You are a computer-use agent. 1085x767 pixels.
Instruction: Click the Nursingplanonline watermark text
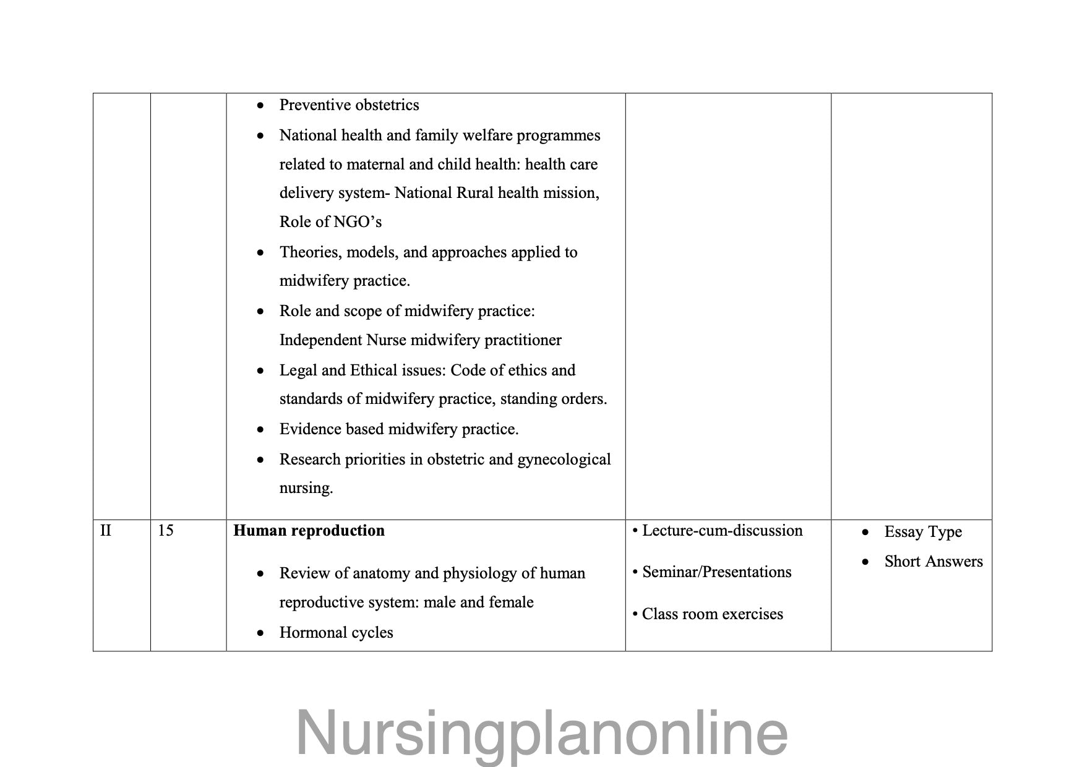tap(542, 734)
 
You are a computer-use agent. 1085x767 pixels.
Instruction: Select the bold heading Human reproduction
tap(309, 531)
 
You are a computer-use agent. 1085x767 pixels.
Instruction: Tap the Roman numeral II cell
tap(106, 531)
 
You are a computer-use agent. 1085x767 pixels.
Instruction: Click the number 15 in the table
tap(165, 531)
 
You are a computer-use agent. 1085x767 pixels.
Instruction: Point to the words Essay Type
tap(923, 532)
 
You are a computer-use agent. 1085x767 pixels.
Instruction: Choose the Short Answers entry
tap(933, 562)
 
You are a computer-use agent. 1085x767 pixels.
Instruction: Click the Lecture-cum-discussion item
tap(721, 531)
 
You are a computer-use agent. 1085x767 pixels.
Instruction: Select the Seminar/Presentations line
tap(716, 572)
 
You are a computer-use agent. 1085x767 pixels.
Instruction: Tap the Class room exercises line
tap(712, 614)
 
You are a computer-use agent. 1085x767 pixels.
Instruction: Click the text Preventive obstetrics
tap(349, 105)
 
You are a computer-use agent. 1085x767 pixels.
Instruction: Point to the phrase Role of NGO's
tap(330, 221)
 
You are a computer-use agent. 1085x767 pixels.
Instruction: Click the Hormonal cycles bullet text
tap(336, 633)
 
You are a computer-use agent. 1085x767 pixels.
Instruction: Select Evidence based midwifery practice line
tap(399, 429)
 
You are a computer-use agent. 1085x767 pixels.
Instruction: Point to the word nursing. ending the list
tap(306, 488)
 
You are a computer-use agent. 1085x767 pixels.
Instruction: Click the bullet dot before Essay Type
tap(865, 533)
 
